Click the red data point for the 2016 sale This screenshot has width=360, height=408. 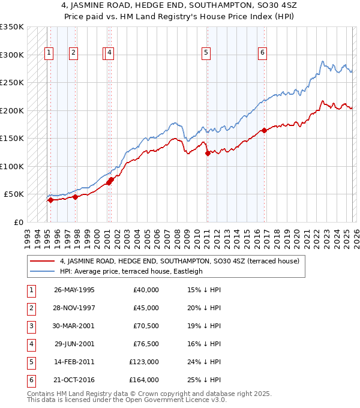tap(264, 130)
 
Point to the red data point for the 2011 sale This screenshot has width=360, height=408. tap(208, 153)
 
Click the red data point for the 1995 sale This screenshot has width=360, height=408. tap(50, 200)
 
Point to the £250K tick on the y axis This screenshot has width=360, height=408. tap(12, 83)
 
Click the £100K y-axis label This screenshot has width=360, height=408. tap(12, 166)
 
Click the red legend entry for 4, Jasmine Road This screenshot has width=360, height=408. tap(175, 261)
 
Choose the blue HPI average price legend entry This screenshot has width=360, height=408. tap(131, 271)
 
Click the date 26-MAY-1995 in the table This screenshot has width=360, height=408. tap(74, 290)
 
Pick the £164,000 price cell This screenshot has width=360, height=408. tap(144, 380)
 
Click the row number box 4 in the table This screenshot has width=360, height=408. tap(31, 344)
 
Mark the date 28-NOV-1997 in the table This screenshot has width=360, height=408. tap(74, 308)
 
